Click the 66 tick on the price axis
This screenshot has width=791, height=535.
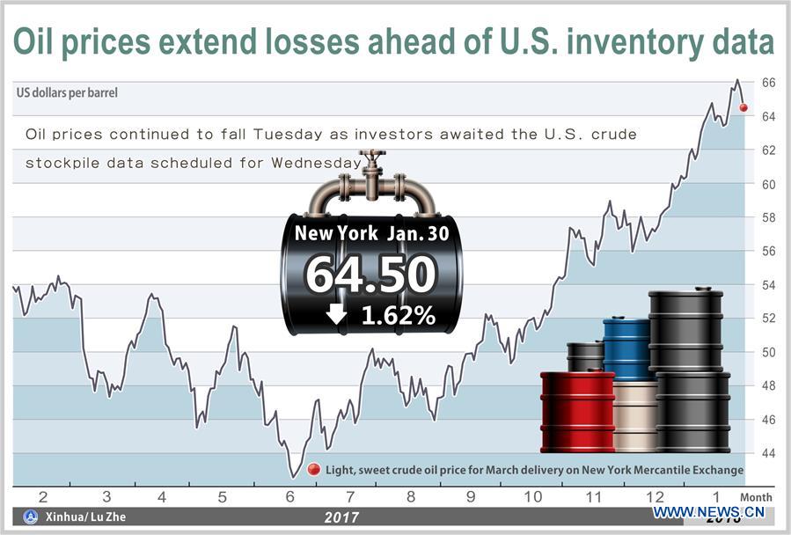768,83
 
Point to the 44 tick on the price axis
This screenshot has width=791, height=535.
768,453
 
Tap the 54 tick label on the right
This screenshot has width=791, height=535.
768,285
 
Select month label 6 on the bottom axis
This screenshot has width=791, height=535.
291,497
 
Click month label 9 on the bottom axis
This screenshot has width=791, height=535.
471,497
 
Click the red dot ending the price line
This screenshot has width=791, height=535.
743,107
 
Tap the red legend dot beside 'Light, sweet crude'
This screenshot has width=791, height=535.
314,470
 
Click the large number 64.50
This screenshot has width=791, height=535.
370,275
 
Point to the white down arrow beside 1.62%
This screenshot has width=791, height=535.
336,314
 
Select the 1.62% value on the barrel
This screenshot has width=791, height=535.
398,315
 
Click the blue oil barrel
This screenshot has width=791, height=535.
626,348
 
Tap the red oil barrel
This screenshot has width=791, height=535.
577,411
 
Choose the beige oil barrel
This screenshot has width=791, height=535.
635,415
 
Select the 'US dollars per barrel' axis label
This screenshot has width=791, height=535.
67,92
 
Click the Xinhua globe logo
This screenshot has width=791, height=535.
31,517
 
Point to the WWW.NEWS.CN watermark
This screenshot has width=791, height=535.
707,512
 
